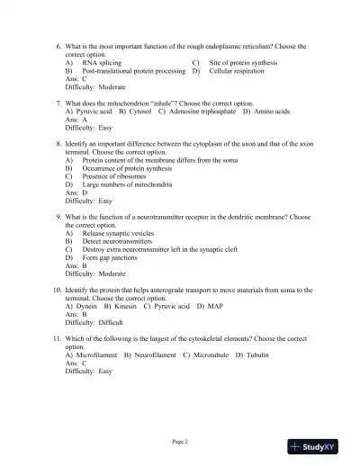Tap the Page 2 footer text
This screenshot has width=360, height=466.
pyautogui.click(x=180, y=441)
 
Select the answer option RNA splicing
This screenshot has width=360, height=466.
pyautogui.click(x=102, y=64)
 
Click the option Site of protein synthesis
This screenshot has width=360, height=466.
pyautogui.click(x=243, y=64)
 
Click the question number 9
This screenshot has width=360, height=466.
pyautogui.click(x=58, y=218)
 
